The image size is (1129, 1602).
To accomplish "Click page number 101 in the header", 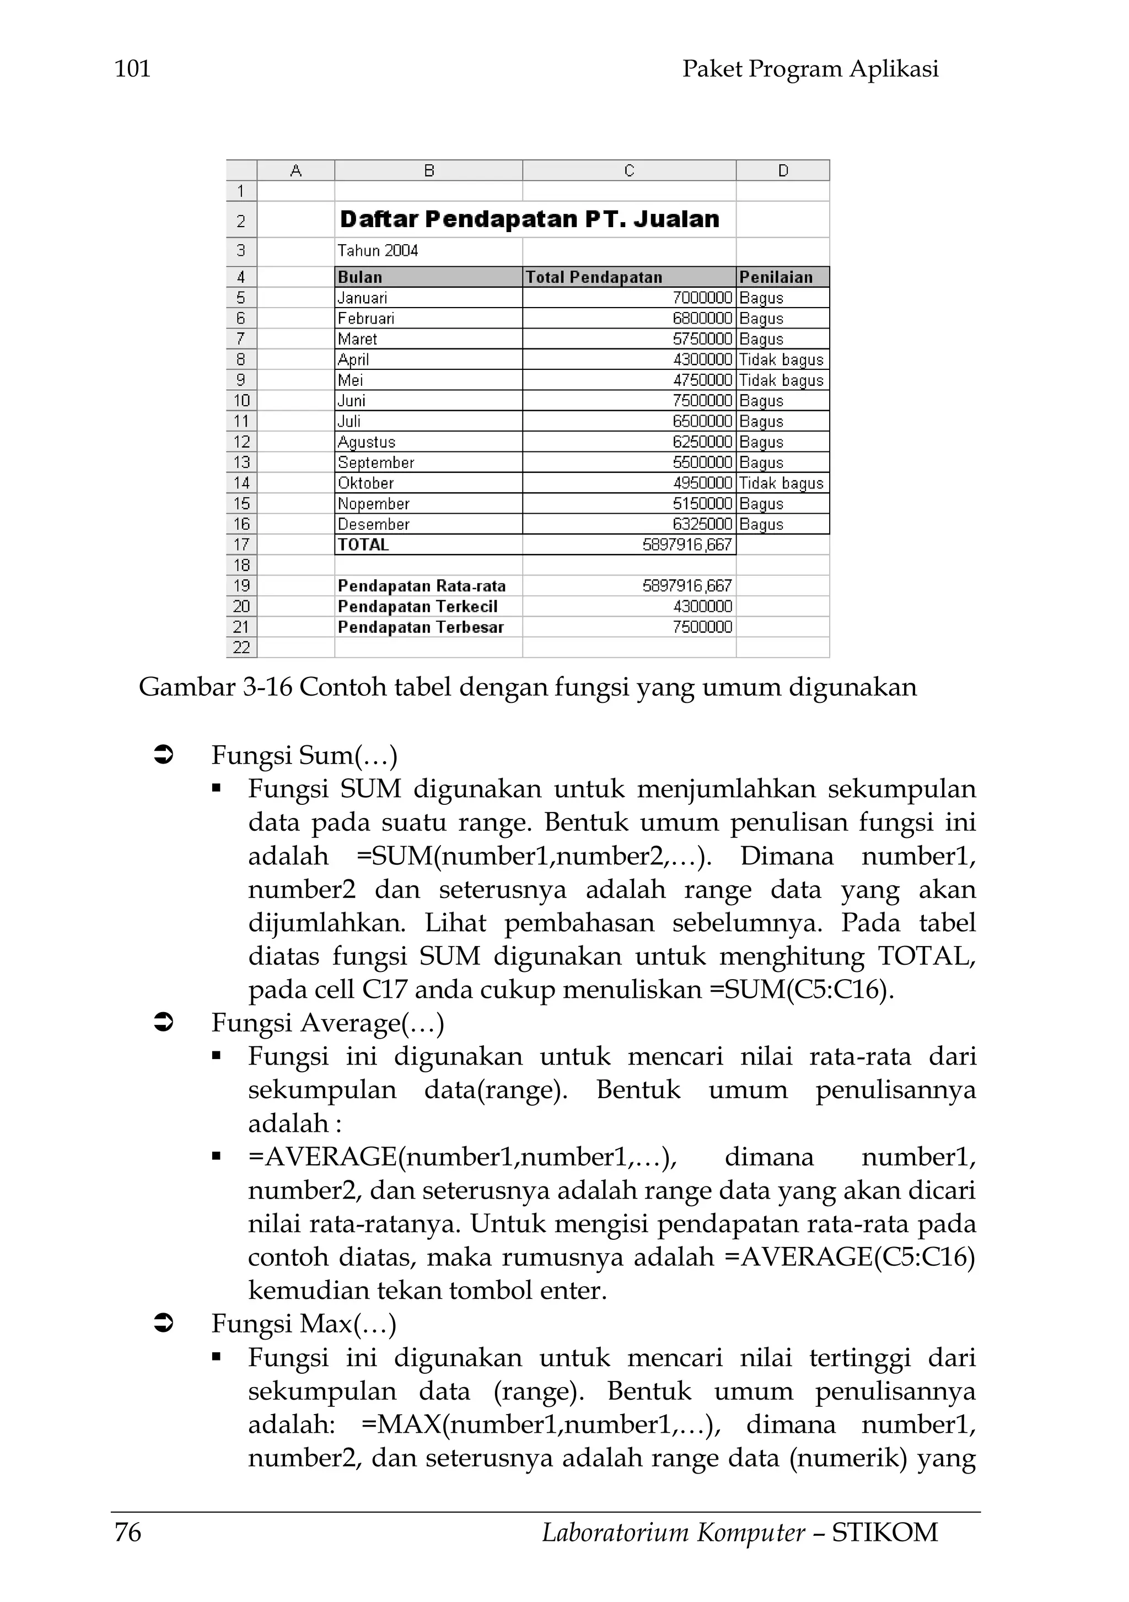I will pyautogui.click(x=132, y=69).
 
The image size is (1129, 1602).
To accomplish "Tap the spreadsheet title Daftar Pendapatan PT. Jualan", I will pyautogui.click(x=529, y=220).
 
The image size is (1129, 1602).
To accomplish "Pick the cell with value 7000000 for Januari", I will pyautogui.click(x=702, y=298).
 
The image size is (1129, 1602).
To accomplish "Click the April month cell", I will pyautogui.click(x=354, y=360).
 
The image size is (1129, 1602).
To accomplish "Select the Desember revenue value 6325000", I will pyautogui.click(x=702, y=524).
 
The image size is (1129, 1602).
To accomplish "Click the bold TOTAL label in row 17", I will pyautogui.click(x=363, y=545).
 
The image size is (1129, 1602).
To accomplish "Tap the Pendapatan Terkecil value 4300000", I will pyautogui.click(x=702, y=606).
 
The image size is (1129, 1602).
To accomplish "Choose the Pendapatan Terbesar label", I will pyautogui.click(x=420, y=627).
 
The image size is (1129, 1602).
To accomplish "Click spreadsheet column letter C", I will pyautogui.click(x=628, y=171).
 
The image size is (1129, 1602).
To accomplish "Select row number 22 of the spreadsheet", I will pyautogui.click(x=241, y=648).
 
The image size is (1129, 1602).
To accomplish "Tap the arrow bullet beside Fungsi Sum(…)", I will pyautogui.click(x=163, y=755).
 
